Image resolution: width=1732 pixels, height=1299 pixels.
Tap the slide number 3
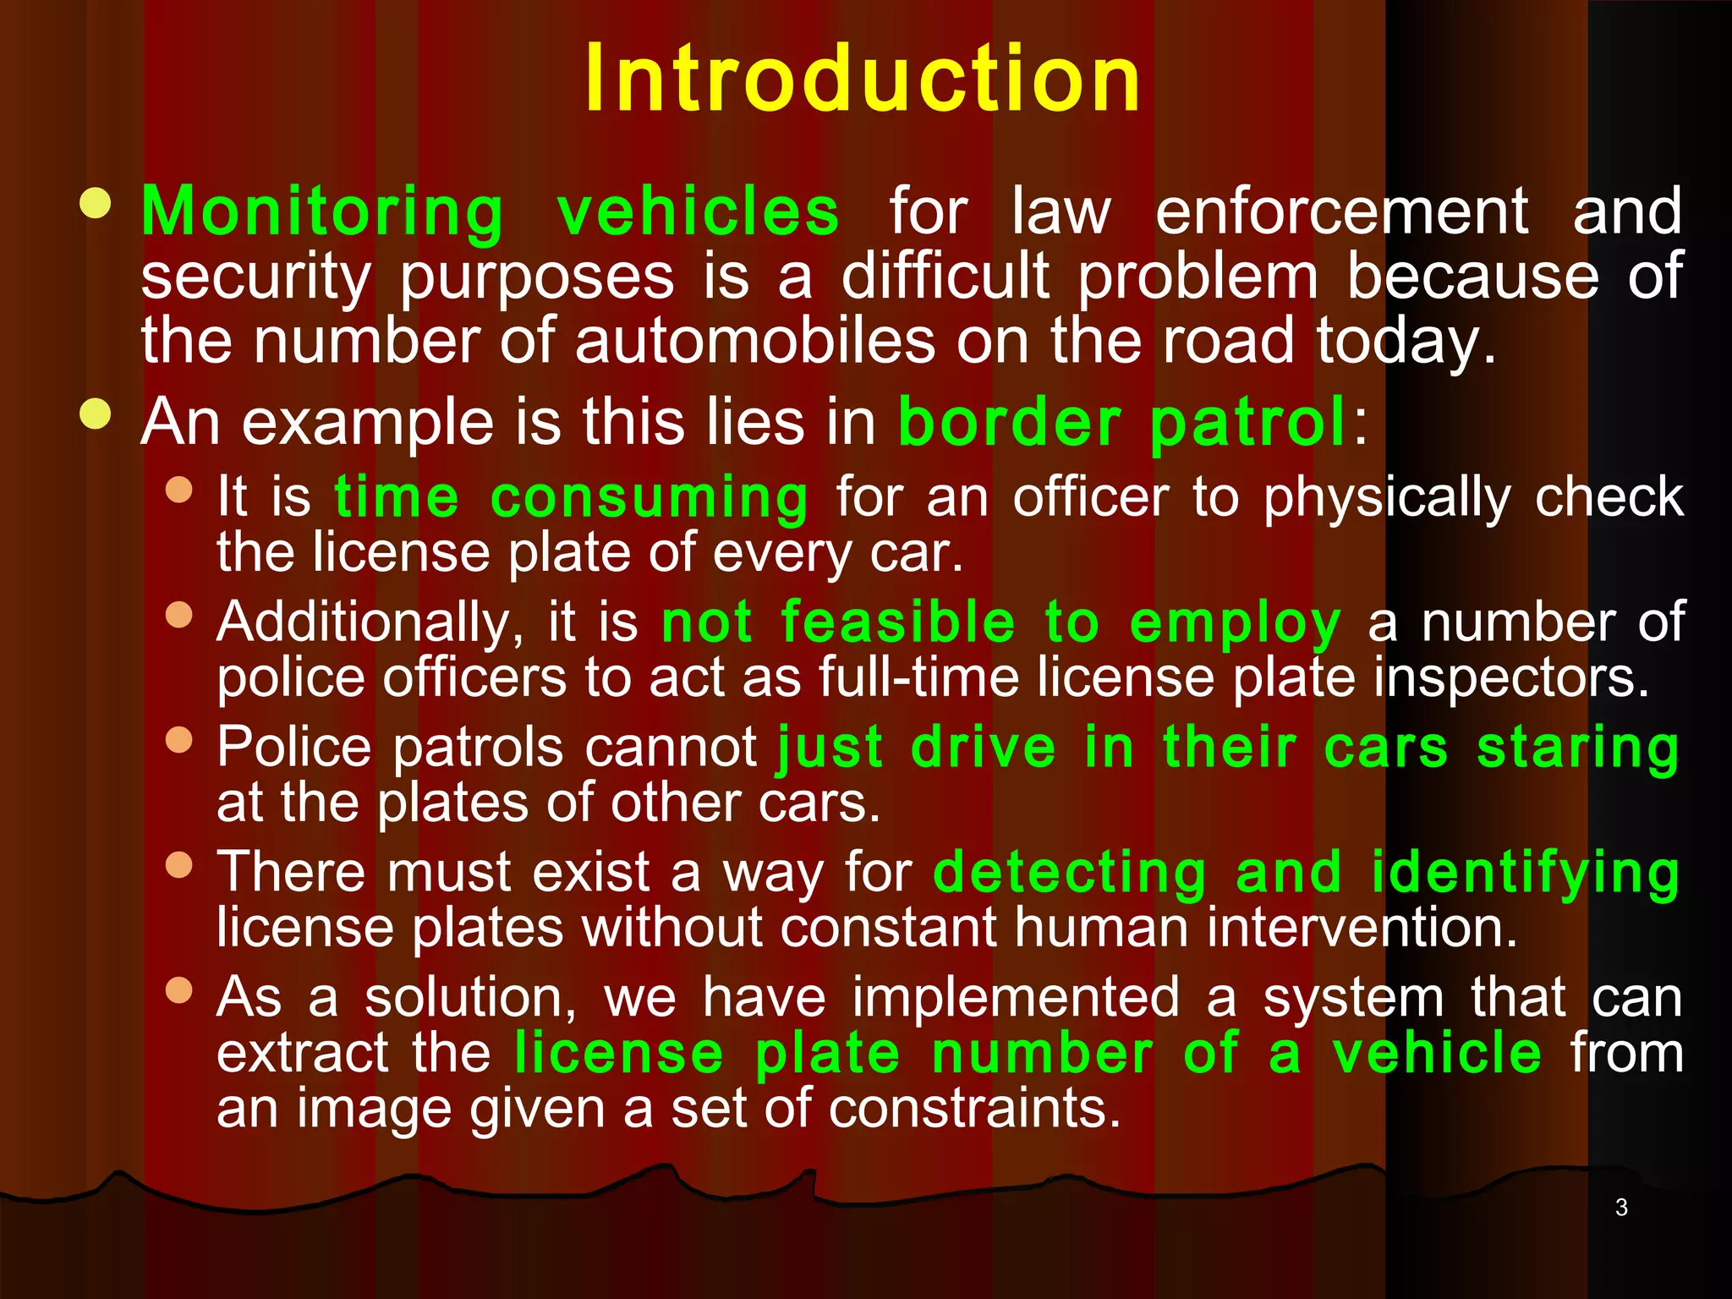coord(1621,1208)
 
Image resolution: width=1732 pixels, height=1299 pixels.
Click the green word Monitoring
coord(322,211)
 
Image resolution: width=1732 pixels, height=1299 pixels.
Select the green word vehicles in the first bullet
coord(699,211)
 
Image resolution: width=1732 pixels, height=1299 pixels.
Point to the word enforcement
coord(1341,211)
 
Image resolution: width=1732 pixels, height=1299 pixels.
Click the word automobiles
coord(754,341)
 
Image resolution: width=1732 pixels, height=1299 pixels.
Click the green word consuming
coord(649,497)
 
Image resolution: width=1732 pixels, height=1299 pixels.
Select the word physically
coord(1387,497)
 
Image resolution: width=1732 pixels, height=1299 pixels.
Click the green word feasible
coord(897,622)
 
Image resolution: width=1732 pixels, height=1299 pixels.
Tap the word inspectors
coord(1510,678)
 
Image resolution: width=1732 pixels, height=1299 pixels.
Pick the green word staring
coord(1577,749)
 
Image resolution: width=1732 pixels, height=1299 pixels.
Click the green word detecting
coord(1070,873)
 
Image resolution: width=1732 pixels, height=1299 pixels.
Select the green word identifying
coord(1525,873)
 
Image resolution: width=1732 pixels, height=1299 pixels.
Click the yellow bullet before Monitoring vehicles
coord(96,204)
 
